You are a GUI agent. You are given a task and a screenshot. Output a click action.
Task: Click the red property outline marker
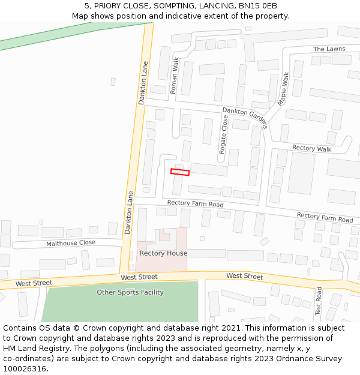coord(180,172)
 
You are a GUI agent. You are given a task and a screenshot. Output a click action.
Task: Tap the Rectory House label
coord(163,253)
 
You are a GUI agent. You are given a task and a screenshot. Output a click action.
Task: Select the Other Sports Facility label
coord(130,292)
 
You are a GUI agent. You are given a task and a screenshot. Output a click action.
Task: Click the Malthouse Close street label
coord(71,243)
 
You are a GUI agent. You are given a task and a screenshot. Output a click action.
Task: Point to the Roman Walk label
coord(175,76)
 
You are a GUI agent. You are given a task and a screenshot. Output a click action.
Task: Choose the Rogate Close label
coord(224,135)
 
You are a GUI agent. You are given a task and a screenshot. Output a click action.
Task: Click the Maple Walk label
coord(283,89)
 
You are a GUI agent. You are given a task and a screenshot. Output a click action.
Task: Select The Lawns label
coord(329,49)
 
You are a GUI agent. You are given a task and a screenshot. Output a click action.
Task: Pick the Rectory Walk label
coord(311,148)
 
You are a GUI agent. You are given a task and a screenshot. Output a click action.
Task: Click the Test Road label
coord(319,301)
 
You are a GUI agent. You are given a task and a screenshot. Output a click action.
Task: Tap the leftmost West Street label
coord(34,283)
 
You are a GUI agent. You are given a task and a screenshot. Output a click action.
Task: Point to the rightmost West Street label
coord(244,277)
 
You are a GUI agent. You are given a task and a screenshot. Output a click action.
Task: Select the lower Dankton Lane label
coord(128,212)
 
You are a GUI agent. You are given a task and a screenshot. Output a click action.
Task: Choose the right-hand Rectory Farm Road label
coord(325,217)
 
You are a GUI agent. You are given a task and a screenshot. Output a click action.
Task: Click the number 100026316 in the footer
coord(24,368)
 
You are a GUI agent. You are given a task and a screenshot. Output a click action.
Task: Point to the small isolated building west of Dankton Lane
coord(113,82)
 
